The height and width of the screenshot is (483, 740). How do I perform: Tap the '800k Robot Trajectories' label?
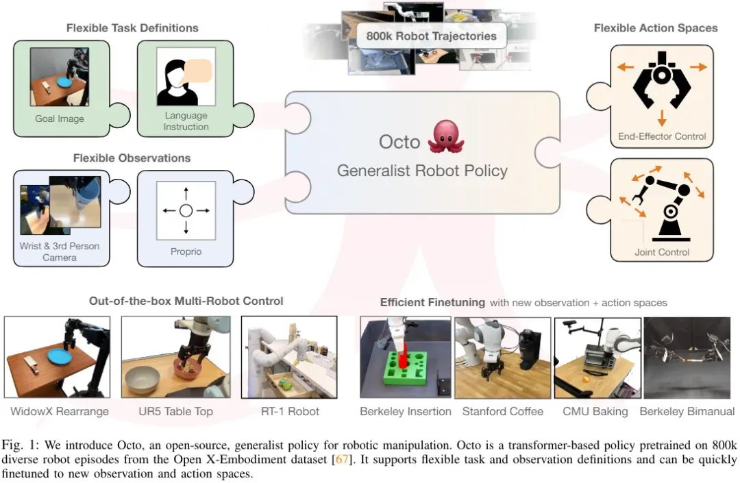pos(431,36)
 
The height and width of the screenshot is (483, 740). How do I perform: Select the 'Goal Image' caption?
pos(60,119)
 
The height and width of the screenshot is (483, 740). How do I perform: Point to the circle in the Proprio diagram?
pos(186,210)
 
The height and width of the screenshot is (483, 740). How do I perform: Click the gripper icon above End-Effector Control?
pos(661,78)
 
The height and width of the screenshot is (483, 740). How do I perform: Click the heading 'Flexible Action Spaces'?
pos(655,28)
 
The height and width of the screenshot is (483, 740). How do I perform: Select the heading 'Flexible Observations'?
pos(132,158)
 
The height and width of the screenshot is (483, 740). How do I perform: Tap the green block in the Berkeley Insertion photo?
pos(404,368)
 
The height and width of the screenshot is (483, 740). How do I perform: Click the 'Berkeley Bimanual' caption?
pos(687,412)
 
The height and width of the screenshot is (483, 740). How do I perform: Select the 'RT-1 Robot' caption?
pos(290,412)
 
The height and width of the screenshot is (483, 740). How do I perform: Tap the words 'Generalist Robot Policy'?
pos(422,171)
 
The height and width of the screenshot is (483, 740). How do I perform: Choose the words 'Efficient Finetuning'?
pos(432,302)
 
